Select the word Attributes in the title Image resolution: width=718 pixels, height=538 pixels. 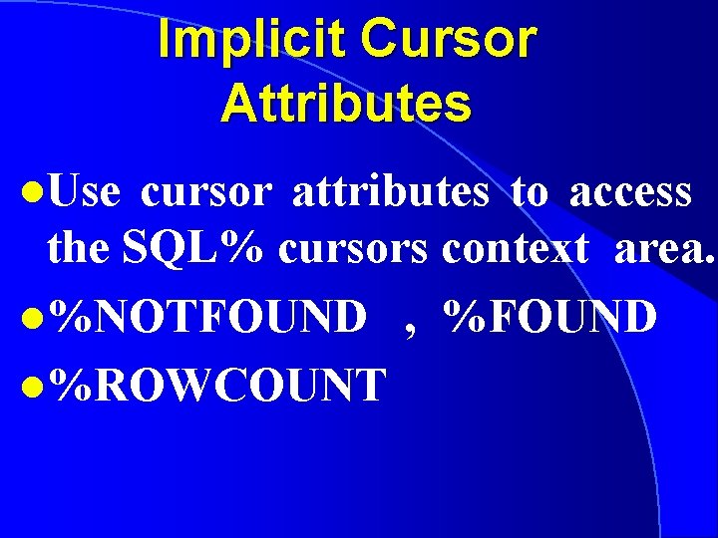tap(346, 104)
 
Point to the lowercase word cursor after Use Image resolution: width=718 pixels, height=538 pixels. tap(205, 192)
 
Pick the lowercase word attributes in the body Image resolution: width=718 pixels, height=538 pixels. tap(390, 192)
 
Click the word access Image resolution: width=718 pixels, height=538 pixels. tap(630, 192)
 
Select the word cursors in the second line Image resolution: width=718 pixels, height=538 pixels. tap(353, 249)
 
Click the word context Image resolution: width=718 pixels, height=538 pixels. tap(516, 249)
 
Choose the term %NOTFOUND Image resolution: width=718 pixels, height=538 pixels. tap(208, 318)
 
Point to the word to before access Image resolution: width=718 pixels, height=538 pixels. tap(529, 192)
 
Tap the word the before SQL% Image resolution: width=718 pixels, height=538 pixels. tap(79, 249)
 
